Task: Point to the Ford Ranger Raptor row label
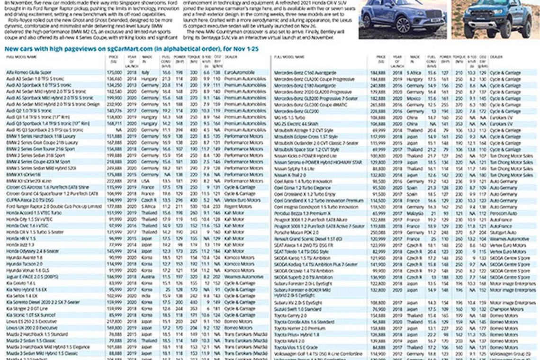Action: (x=54, y=207)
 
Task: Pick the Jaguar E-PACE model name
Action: (x=32, y=277)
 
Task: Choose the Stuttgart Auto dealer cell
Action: (x=503, y=233)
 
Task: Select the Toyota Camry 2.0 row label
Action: (x=289, y=315)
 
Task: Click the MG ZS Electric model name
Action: (x=294, y=124)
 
